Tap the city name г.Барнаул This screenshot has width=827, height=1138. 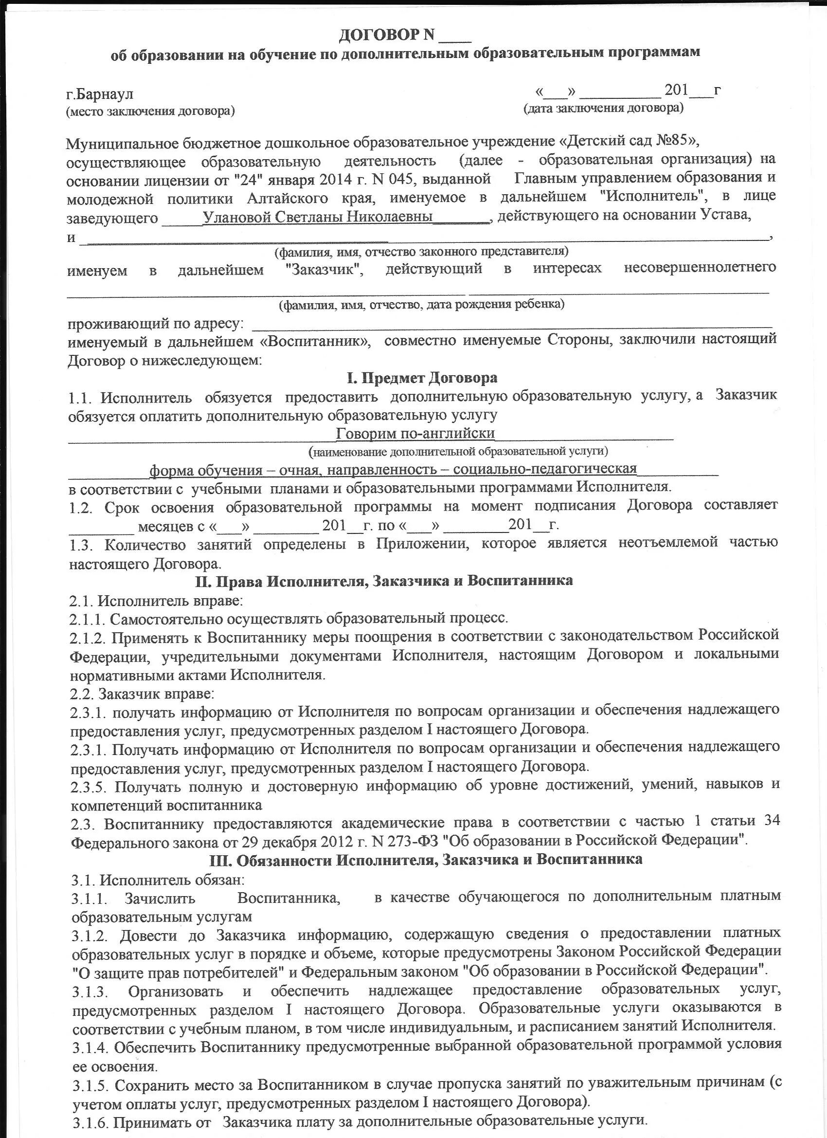[100, 94]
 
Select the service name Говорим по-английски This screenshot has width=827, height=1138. [415, 433]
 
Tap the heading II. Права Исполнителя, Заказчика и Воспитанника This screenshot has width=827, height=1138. [384, 581]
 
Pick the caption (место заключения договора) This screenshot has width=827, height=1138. [150, 111]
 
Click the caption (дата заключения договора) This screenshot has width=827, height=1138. [603, 108]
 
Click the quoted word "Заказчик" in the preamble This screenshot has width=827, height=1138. [324, 270]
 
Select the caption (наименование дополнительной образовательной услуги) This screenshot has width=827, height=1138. [458, 452]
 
